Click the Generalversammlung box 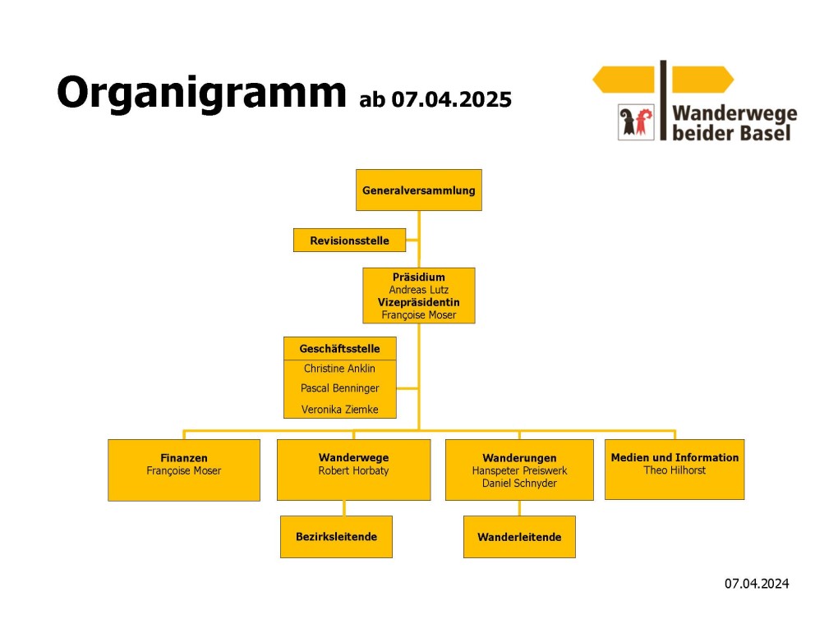[x=418, y=190]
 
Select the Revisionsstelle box [x=349, y=241]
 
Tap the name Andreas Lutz [x=418, y=290]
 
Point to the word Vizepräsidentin [x=418, y=302]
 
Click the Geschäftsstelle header [x=339, y=349]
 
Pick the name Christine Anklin [x=339, y=369]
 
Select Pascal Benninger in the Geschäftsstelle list [x=339, y=388]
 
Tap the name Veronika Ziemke [x=339, y=409]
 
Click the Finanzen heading [x=184, y=458]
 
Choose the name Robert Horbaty [x=353, y=470]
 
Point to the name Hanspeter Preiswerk [x=519, y=470]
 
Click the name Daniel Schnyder [x=519, y=484]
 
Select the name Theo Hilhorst [x=675, y=470]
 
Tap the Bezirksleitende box [x=336, y=537]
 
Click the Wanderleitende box [x=519, y=537]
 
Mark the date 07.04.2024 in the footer [x=757, y=584]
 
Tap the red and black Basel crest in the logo [x=636, y=122]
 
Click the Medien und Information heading [x=675, y=457]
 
